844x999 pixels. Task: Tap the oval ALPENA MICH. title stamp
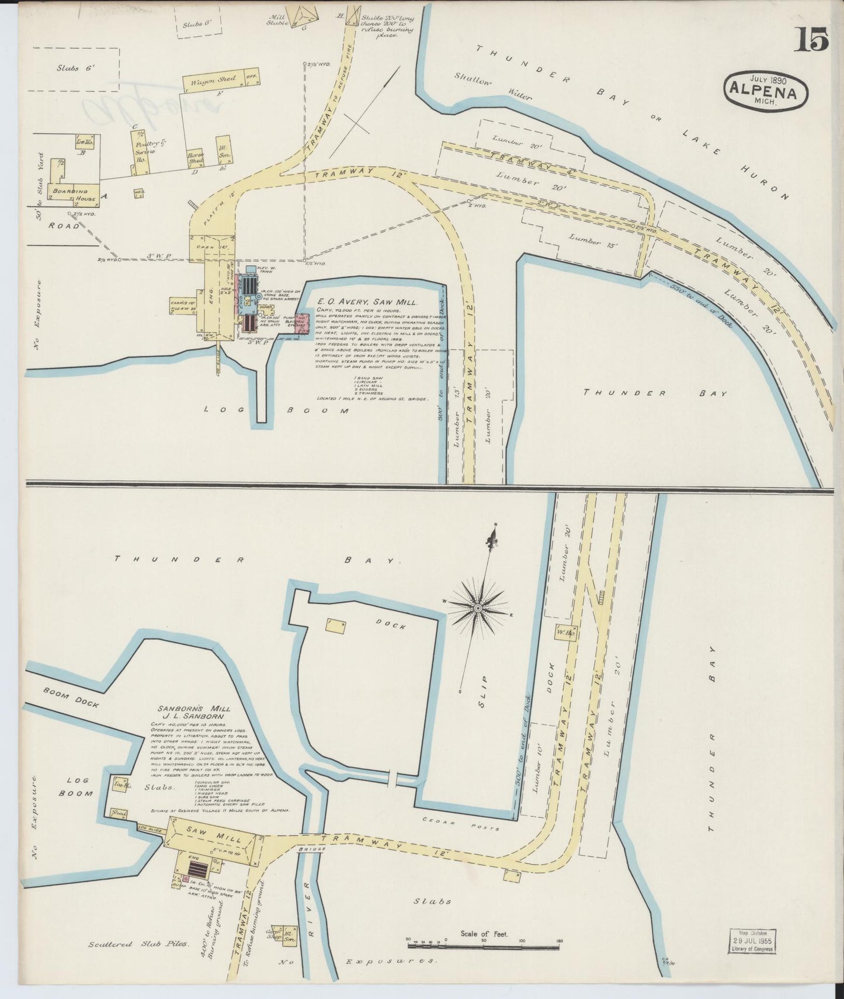pos(767,90)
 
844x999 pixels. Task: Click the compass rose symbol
pos(478,609)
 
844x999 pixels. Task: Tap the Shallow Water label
pos(494,86)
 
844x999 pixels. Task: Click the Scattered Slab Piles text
pos(138,944)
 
